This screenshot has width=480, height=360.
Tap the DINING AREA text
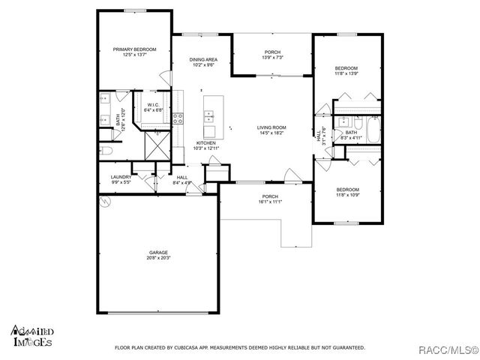pyautogui.click(x=202, y=59)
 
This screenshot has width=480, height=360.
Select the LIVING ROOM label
pyautogui.click(x=271, y=127)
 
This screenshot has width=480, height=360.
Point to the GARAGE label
pyautogui.click(x=158, y=253)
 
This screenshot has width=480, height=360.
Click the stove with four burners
pyautogui.click(x=178, y=116)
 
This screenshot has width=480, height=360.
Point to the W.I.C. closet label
pyautogui.click(x=152, y=105)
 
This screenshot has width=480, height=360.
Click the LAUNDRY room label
pyautogui.click(x=121, y=177)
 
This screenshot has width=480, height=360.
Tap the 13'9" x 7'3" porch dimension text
pyautogui.click(x=271, y=58)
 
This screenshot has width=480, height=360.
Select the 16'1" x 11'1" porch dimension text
pyautogui.click(x=268, y=202)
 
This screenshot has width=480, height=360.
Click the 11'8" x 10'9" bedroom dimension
pyautogui.click(x=348, y=194)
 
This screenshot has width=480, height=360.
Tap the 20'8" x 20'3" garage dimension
pyautogui.click(x=158, y=259)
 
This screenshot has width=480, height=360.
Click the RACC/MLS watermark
pyautogui.click(x=446, y=348)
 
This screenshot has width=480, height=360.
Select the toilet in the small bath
pyautogui.click(x=338, y=123)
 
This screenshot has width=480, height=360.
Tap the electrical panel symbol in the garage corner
pyautogui.click(x=105, y=202)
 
